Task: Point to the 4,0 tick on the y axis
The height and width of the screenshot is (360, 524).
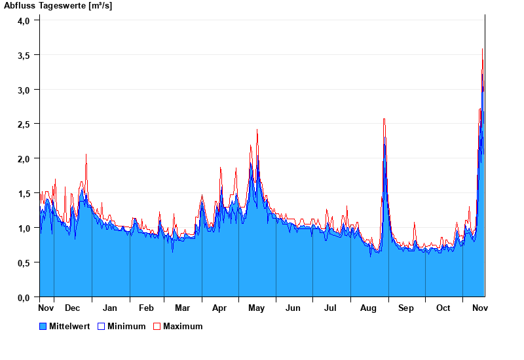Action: coord(24,20)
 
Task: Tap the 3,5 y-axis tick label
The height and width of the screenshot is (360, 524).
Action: coord(24,55)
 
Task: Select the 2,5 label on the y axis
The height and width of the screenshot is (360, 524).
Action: coord(24,124)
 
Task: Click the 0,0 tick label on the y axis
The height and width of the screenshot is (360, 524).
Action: coord(24,297)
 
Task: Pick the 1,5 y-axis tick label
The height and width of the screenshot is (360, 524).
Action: coord(24,193)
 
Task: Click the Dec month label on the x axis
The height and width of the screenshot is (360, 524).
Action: coord(73,308)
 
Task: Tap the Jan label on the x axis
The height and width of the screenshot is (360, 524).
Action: coord(110,308)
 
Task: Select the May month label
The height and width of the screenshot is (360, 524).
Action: coord(257,308)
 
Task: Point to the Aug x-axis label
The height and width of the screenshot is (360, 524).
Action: coord(368,308)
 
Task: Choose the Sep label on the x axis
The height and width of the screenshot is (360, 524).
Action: coord(406,308)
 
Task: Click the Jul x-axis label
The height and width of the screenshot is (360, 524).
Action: coord(331,308)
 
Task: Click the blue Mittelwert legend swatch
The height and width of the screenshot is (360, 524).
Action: coord(43,326)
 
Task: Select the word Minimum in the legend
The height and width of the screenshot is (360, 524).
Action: coord(126,326)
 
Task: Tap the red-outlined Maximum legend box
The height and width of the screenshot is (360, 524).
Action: coord(157,326)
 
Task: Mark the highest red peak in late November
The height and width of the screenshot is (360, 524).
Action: coord(483,49)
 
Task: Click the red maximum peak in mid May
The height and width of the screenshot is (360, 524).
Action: coord(257,130)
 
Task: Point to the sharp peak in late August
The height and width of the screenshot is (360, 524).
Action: coord(384,119)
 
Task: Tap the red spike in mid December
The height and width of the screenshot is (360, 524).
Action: coord(86,154)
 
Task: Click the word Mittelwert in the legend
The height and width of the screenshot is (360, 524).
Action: coord(69,326)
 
